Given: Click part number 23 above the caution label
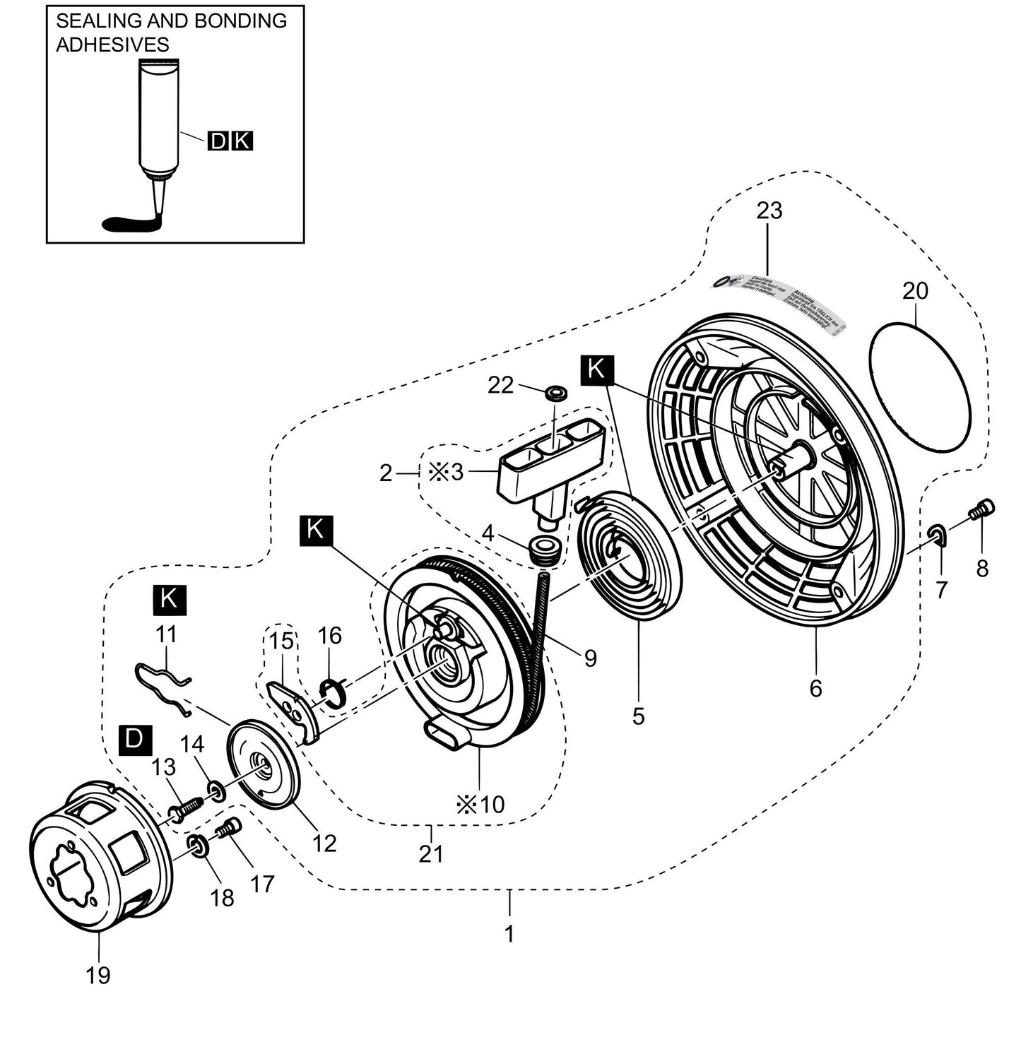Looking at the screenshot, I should tap(769, 211).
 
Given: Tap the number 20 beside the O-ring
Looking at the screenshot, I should tap(915, 290).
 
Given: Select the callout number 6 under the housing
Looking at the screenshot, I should tap(816, 687).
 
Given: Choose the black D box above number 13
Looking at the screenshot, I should tap(134, 740).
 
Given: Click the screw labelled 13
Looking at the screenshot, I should tap(184, 809).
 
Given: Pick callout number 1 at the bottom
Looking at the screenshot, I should tap(509, 933).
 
